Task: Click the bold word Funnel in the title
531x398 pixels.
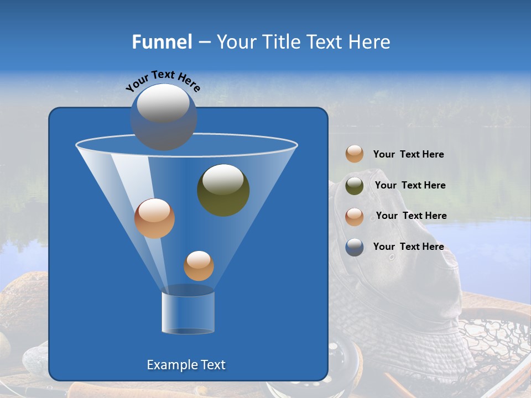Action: [162, 42]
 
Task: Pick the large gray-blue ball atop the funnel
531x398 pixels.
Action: [163, 117]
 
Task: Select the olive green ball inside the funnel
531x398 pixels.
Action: [223, 190]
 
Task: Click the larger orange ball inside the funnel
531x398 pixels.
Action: [154, 218]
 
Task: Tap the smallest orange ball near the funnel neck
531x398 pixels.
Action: [199, 265]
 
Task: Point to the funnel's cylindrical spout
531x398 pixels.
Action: [188, 312]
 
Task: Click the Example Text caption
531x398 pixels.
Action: [186, 365]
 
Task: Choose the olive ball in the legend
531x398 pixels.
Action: [355, 186]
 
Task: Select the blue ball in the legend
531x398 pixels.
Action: [355, 247]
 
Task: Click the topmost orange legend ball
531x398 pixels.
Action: [355, 154]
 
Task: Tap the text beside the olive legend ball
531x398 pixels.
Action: [410, 185]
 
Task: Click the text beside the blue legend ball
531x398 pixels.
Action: [408, 247]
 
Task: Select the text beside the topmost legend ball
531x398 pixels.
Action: [408, 154]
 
